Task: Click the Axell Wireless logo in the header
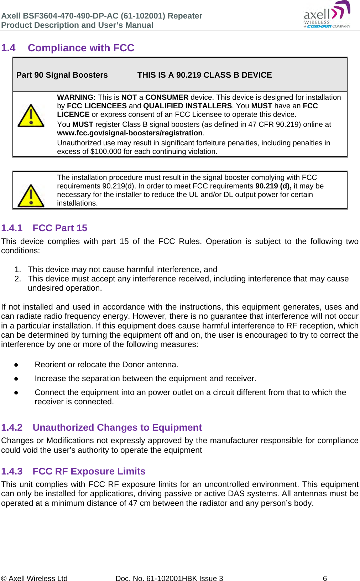(x=327, y=15)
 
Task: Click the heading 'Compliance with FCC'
(x=81, y=48)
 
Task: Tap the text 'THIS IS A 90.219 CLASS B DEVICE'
(x=204, y=75)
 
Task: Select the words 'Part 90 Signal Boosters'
(x=62, y=75)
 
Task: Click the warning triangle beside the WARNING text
(x=31, y=116)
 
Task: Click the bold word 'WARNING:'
(x=76, y=97)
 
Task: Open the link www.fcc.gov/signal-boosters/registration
(x=130, y=133)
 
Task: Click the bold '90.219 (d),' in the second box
(x=273, y=186)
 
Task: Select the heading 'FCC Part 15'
(x=60, y=228)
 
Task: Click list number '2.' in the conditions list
(x=18, y=279)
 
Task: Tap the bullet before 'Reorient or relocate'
(x=16, y=365)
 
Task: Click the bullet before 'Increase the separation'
(x=16, y=379)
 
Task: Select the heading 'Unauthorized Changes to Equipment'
(x=117, y=427)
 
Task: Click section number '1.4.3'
(x=12, y=471)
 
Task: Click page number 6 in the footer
(x=325, y=578)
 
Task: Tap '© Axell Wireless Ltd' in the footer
(x=34, y=578)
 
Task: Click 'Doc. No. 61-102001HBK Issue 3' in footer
(x=169, y=578)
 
